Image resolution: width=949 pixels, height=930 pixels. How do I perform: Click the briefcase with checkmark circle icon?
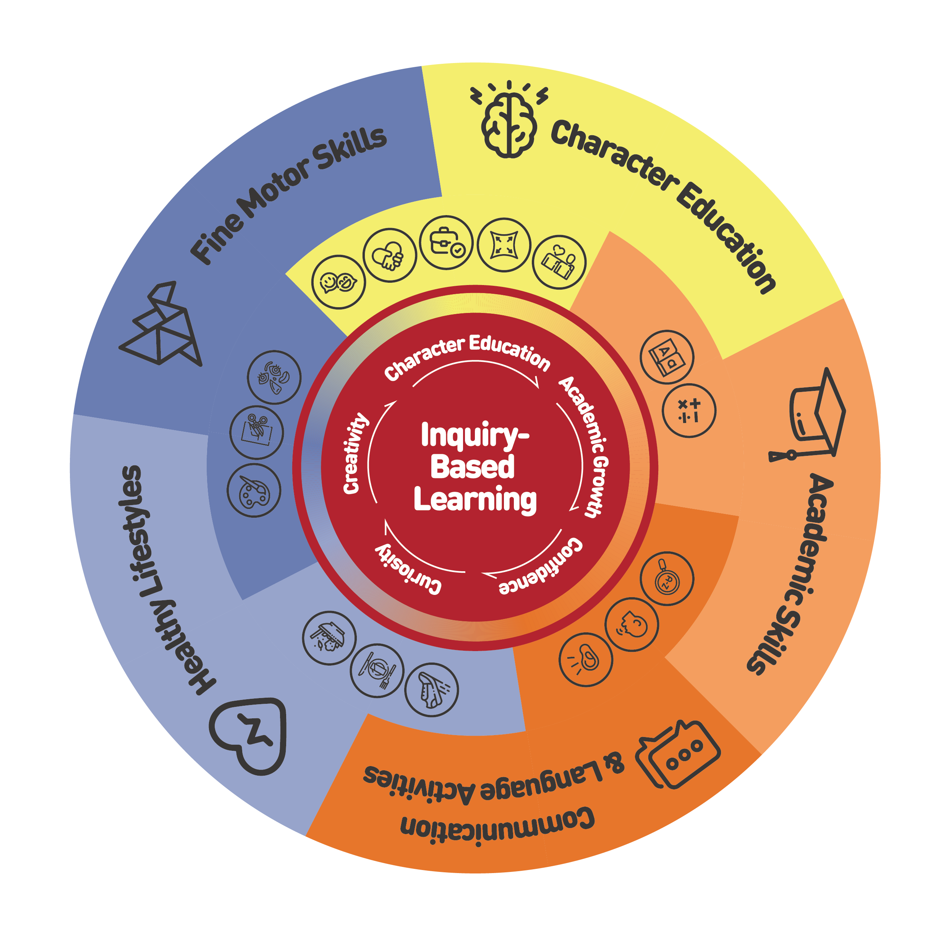(446, 242)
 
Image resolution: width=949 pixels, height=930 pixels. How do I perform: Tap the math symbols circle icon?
(689, 410)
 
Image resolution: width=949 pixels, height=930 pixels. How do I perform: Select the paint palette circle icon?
(254, 491)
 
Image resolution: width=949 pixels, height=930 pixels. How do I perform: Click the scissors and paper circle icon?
(256, 432)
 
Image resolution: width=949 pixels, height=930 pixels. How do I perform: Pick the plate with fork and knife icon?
(377, 671)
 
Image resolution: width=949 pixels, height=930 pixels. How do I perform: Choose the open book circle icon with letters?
(667, 356)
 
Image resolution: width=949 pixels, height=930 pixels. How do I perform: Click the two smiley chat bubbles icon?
(338, 282)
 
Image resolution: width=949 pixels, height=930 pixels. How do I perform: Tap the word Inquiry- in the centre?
(474, 435)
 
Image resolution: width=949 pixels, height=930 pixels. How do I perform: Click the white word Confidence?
(542, 567)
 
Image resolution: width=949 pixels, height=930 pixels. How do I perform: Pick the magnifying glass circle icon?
(666, 579)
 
